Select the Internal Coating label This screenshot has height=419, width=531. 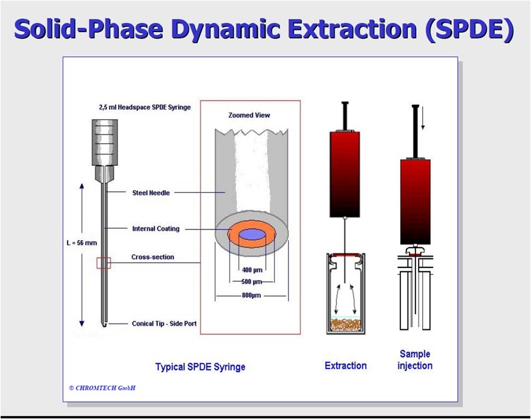pos(156,229)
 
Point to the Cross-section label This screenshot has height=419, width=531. pos(153,257)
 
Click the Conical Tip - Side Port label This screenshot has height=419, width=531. pos(164,324)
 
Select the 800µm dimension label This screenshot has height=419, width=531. pos(251,295)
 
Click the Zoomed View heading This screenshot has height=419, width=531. pos(249,115)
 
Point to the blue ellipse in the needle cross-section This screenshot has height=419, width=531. pos(251,234)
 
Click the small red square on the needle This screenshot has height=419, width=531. pos(104,262)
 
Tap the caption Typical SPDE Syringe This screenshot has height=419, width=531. pos(200,367)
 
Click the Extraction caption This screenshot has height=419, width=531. pos(345,365)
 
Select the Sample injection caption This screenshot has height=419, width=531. pos(415,360)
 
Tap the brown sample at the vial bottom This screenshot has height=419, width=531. pos(345,325)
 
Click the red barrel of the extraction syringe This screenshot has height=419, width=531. pos(344,171)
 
